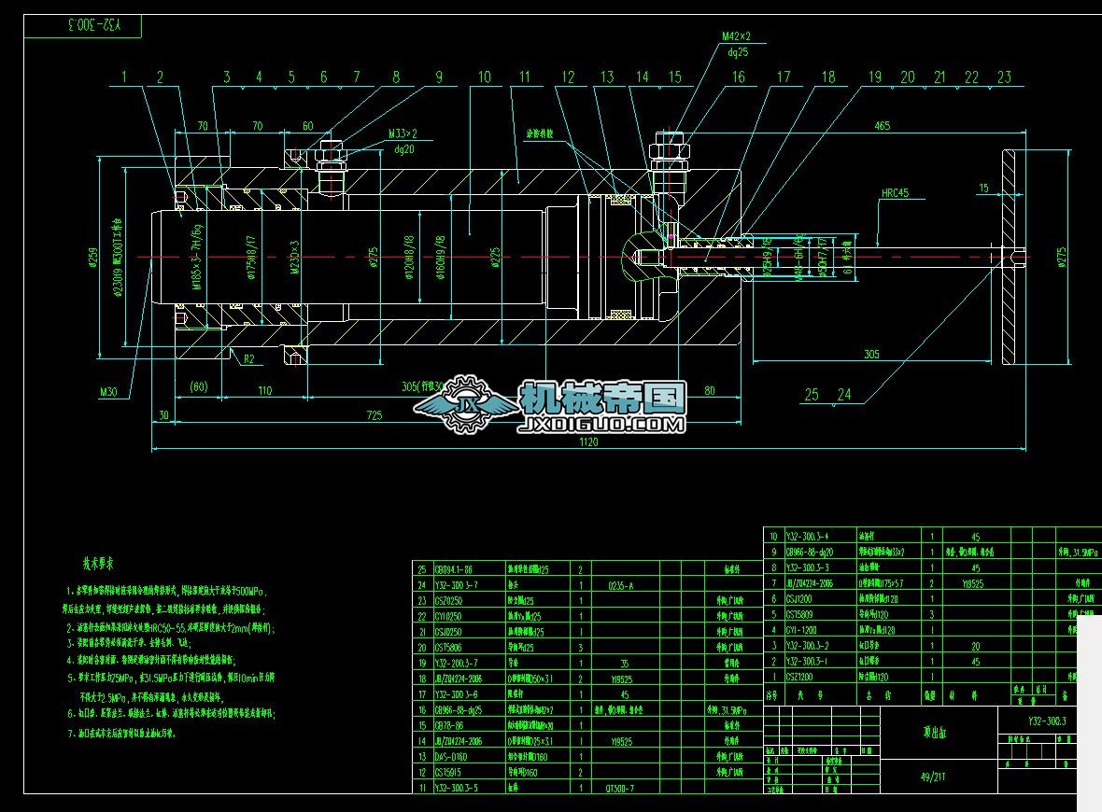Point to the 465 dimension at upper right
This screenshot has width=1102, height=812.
point(882,126)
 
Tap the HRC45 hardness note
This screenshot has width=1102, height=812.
point(895,194)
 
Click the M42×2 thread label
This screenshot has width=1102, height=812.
point(736,36)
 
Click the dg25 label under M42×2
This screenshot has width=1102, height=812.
point(738,52)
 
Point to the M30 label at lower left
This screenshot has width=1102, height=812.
point(110,393)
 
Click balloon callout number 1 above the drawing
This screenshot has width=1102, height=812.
point(123,77)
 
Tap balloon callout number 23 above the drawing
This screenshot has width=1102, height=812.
point(1004,77)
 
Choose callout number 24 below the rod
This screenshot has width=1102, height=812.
point(844,395)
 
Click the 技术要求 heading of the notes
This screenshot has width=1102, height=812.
point(98,564)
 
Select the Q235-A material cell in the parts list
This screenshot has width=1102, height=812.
point(620,585)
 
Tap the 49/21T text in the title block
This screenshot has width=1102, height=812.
point(933,776)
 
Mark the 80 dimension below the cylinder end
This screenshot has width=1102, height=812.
point(709,390)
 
